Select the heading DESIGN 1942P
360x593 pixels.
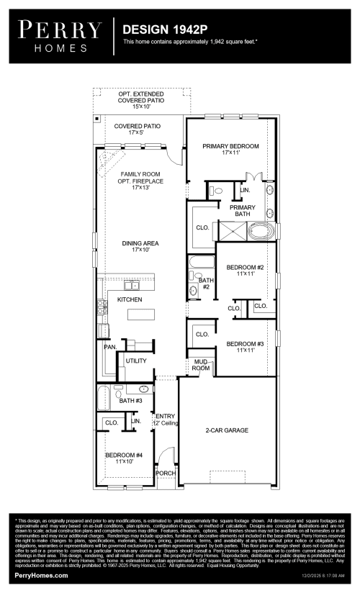click(161, 30)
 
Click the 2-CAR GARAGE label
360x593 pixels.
click(227, 430)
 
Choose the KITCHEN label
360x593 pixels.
click(130, 299)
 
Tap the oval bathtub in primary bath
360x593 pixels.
click(260, 232)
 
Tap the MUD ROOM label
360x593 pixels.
click(200, 365)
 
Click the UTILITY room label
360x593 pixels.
click(136, 361)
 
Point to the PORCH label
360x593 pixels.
click(165, 473)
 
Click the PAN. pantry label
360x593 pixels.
click(110, 347)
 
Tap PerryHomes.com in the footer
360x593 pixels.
click(42, 576)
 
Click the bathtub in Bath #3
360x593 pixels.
click(104, 397)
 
